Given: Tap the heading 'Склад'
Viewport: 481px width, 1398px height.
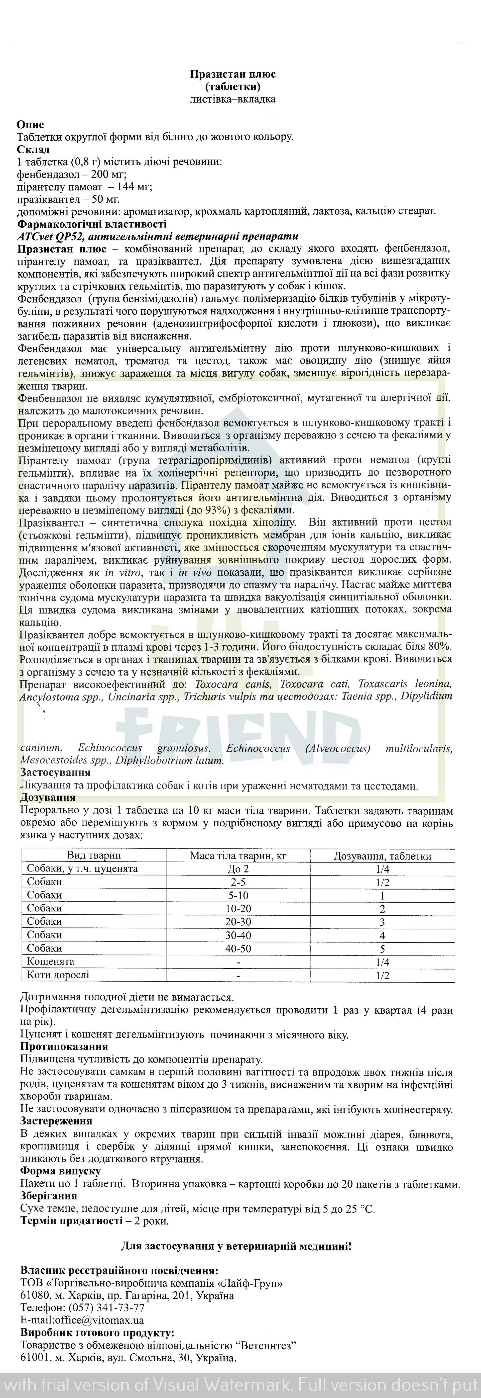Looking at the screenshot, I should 34,149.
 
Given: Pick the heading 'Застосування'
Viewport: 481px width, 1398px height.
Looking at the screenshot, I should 55,772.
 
